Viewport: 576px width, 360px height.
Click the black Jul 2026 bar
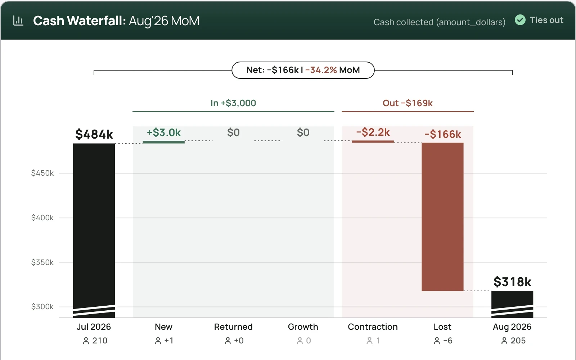click(94, 230)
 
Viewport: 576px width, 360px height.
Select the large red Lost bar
click(442, 217)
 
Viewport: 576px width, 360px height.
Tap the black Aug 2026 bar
click(512, 304)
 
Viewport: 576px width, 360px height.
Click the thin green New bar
click(163, 142)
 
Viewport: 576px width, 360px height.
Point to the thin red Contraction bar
click(373, 142)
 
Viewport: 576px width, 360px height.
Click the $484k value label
click(94, 134)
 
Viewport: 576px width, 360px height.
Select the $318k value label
click(512, 282)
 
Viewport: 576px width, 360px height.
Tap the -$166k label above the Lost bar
click(442, 134)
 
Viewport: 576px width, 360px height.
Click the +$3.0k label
click(163, 132)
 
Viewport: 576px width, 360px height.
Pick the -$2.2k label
click(373, 132)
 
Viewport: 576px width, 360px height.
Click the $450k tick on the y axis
click(42, 173)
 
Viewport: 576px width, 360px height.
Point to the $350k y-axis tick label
click(42, 262)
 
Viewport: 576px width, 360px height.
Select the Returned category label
click(233, 327)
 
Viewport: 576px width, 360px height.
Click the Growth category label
click(303, 327)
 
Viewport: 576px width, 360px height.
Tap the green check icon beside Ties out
click(520, 20)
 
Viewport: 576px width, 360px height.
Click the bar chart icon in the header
click(18, 21)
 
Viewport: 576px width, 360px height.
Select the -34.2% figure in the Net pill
click(321, 70)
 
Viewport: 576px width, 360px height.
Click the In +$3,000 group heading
click(233, 103)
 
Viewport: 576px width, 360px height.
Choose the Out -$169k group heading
click(408, 103)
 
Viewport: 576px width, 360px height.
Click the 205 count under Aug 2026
click(518, 341)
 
